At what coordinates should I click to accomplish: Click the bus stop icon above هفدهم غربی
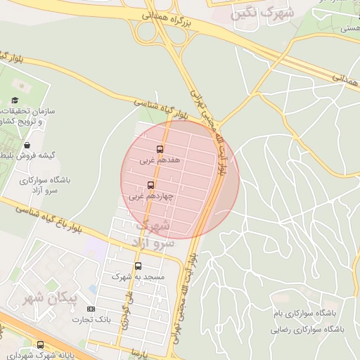click(x=160, y=149)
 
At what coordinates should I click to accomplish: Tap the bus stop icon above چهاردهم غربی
click(x=150, y=186)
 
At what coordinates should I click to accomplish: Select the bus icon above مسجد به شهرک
click(x=138, y=266)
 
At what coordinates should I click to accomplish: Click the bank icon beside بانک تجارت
click(x=91, y=309)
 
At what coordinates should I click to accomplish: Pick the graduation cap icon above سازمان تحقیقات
click(x=15, y=101)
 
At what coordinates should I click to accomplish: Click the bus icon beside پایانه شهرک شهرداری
click(x=40, y=345)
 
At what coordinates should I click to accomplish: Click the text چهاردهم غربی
click(x=150, y=197)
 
